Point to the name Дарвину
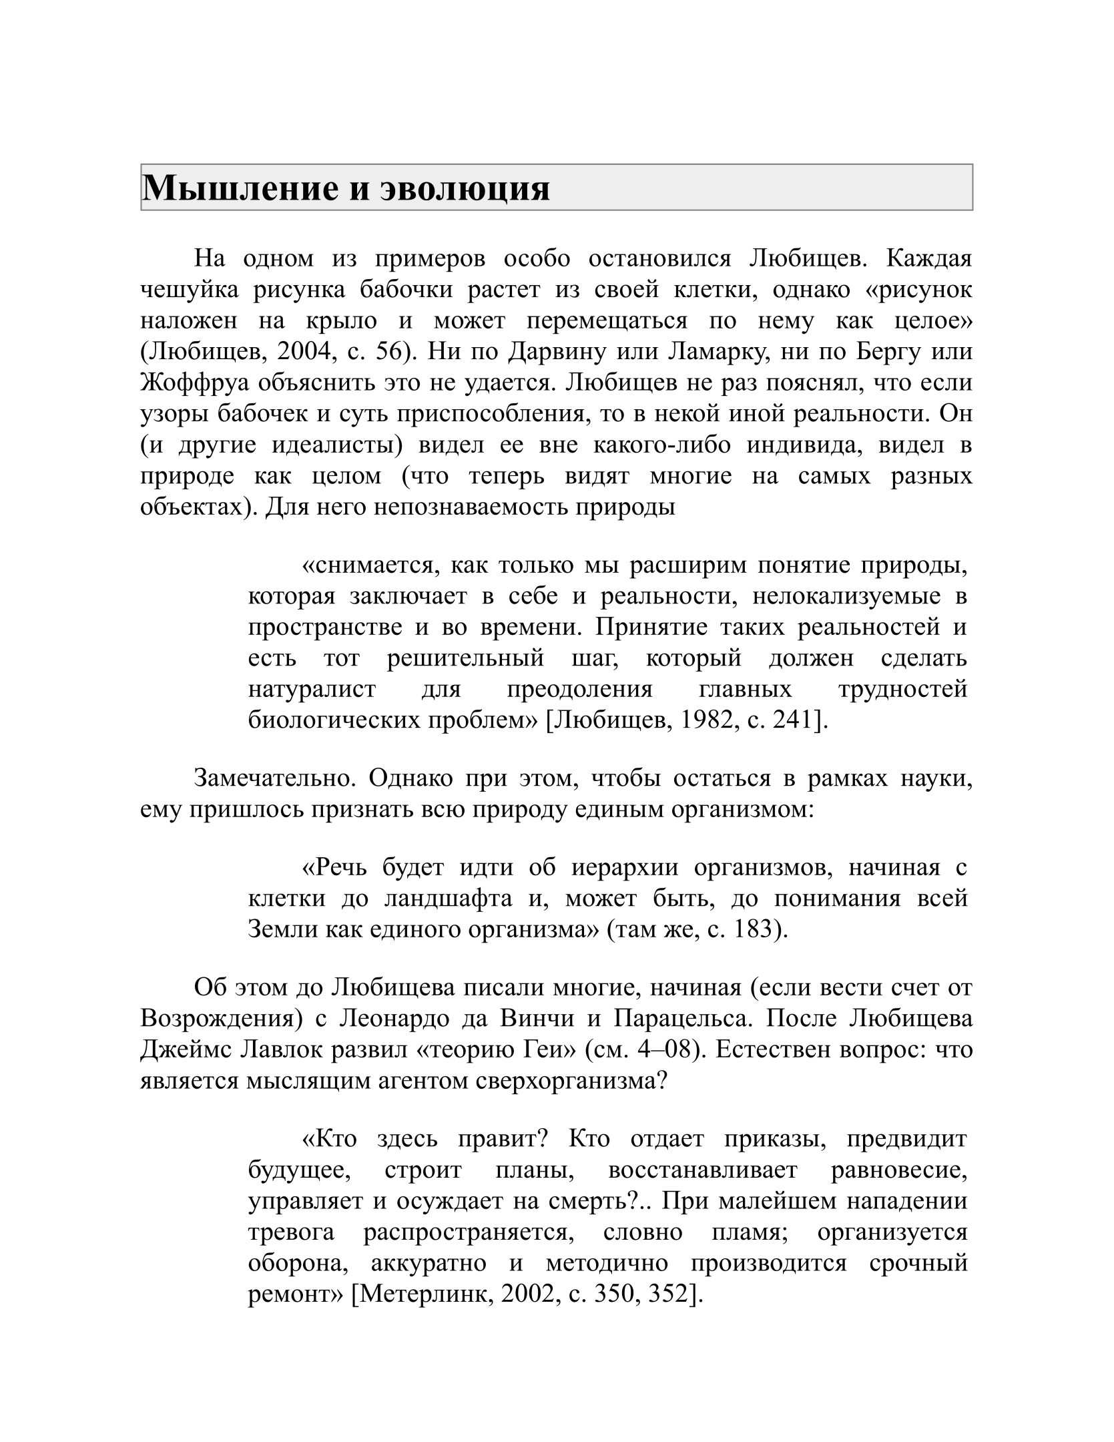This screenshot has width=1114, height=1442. tap(549, 352)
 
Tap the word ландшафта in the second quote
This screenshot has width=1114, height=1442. tap(449, 899)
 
